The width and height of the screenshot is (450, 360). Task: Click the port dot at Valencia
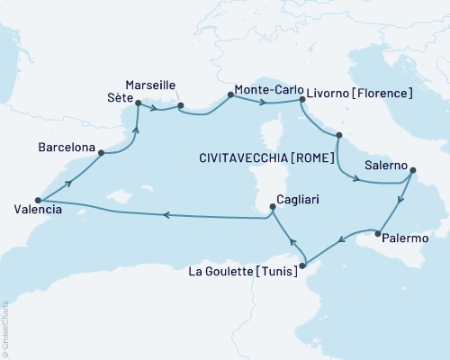[38, 200]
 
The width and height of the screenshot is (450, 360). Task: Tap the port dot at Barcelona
[101, 153]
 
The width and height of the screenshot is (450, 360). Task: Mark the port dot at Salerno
[412, 172]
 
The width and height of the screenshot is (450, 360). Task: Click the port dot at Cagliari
[272, 208]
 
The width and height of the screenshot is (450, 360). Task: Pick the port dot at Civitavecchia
[337, 136]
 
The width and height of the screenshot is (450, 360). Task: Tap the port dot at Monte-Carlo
[230, 96]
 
